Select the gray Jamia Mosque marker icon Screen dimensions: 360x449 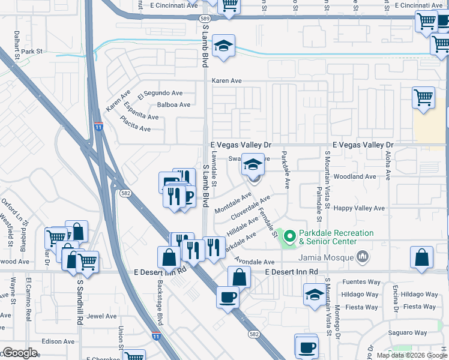[x=362, y=257]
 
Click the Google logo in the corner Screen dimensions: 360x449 [x=20, y=353]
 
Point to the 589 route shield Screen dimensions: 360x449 [x=205, y=19]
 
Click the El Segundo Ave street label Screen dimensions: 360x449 [x=160, y=94]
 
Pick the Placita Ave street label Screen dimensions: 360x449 [x=136, y=127]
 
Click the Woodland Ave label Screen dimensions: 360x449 [x=355, y=177]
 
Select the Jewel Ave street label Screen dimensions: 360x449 [x=101, y=316]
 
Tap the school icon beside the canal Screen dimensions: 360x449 [x=223, y=46]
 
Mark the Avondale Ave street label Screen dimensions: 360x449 [x=255, y=262]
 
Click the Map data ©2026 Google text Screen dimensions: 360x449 [x=412, y=355]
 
